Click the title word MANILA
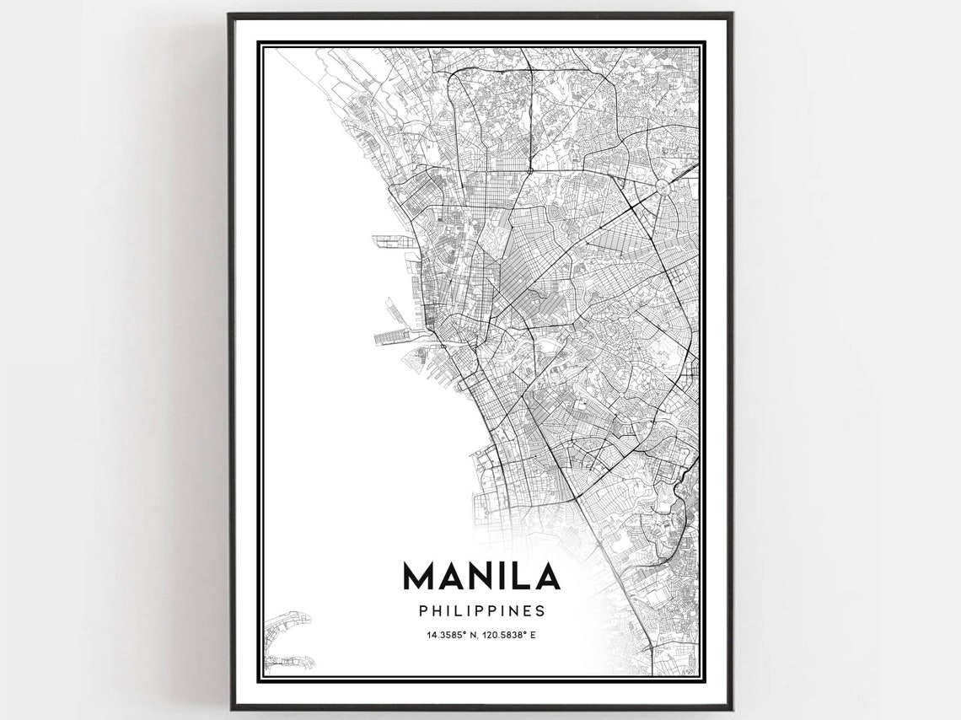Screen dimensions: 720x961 tap(481, 576)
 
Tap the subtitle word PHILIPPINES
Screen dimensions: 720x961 tap(481, 610)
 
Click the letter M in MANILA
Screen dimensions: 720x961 tap(419, 576)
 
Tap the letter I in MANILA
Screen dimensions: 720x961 tap(500, 576)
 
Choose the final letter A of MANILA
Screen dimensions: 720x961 tap(545, 576)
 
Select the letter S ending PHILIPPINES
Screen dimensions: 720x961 tap(540, 610)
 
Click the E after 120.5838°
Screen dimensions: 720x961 tap(533, 634)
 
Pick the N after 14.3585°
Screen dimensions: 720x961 tap(470, 634)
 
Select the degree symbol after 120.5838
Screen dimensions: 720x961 tap(526, 632)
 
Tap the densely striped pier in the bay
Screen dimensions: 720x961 tap(395, 338)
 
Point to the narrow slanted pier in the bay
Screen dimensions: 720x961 tap(394, 309)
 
